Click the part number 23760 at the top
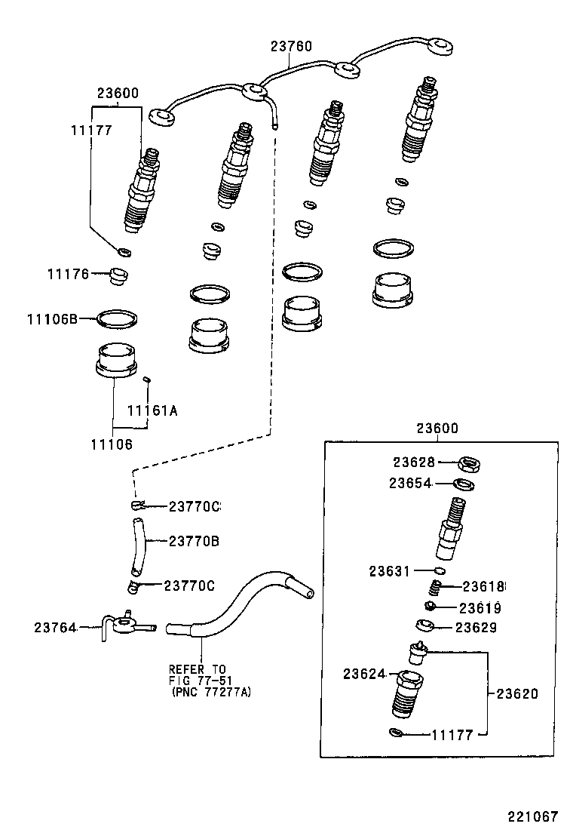tap(291, 46)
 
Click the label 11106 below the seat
tap(112, 444)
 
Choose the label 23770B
tap(194, 541)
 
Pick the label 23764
tap(55, 627)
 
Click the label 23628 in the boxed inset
tap(413, 462)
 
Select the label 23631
tap(390, 571)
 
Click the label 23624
tap(365, 673)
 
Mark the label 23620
tap(517, 693)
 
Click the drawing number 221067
tap(532, 816)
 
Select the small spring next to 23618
tap(434, 588)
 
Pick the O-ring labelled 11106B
tap(117, 318)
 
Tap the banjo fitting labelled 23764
tap(122, 625)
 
